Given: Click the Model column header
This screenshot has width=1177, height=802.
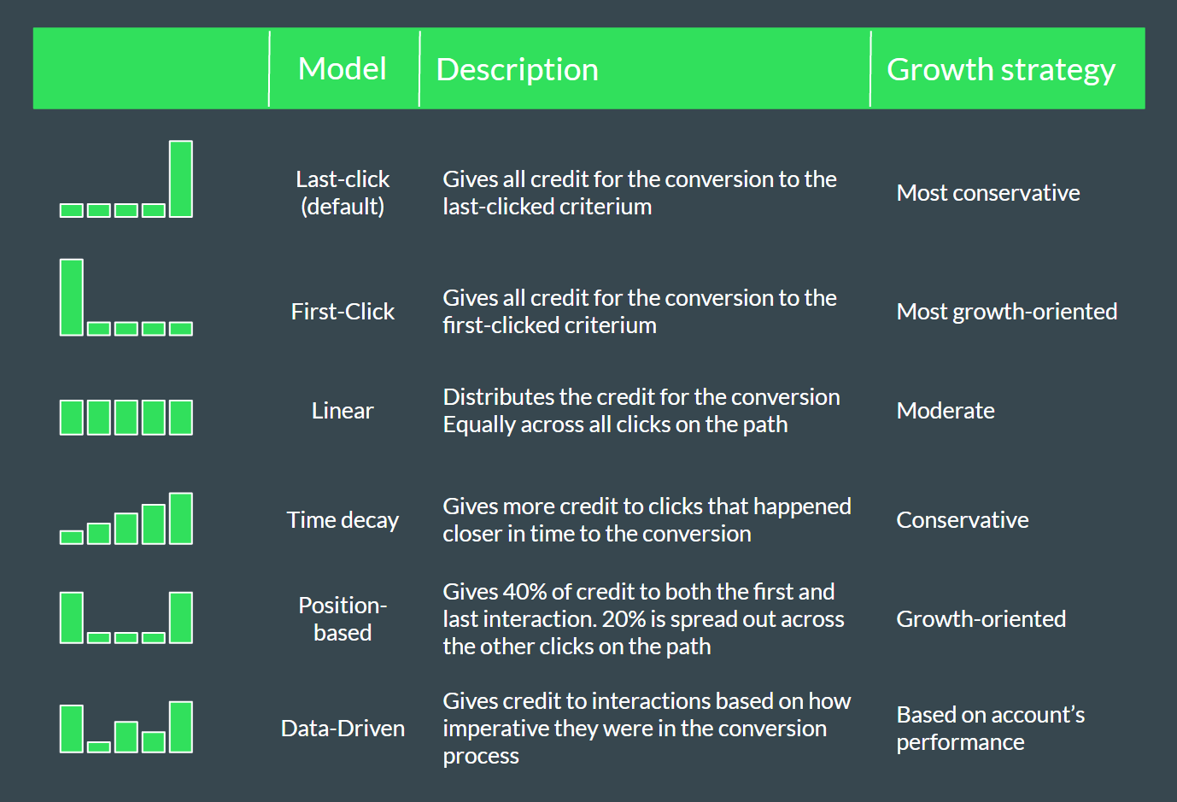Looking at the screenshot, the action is tap(342, 69).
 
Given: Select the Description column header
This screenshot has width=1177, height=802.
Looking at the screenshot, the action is tap(517, 69).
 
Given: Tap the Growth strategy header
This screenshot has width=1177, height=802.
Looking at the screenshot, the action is tap(1000, 70).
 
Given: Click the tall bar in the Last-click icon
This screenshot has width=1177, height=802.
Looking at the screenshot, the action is tap(181, 179).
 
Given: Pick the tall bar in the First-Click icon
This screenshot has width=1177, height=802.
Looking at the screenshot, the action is tap(72, 297).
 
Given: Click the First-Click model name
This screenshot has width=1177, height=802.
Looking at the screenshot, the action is tap(343, 312).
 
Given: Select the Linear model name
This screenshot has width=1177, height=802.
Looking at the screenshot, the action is tap(343, 411).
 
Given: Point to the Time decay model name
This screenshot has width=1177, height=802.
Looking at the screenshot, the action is tap(343, 520).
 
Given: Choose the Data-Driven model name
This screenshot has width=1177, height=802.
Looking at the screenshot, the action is tap(343, 729).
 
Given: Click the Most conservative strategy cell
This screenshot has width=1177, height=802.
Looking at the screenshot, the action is tap(988, 193).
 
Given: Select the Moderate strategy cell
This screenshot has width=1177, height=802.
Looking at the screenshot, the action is tap(946, 411).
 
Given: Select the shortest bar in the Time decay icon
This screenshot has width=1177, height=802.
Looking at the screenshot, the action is tap(72, 537).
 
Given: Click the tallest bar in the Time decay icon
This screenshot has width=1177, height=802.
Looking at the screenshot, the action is tap(181, 518).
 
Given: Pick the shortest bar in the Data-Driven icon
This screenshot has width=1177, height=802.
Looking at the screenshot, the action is tap(99, 746).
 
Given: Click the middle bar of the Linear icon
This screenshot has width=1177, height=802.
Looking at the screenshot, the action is tap(126, 418).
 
